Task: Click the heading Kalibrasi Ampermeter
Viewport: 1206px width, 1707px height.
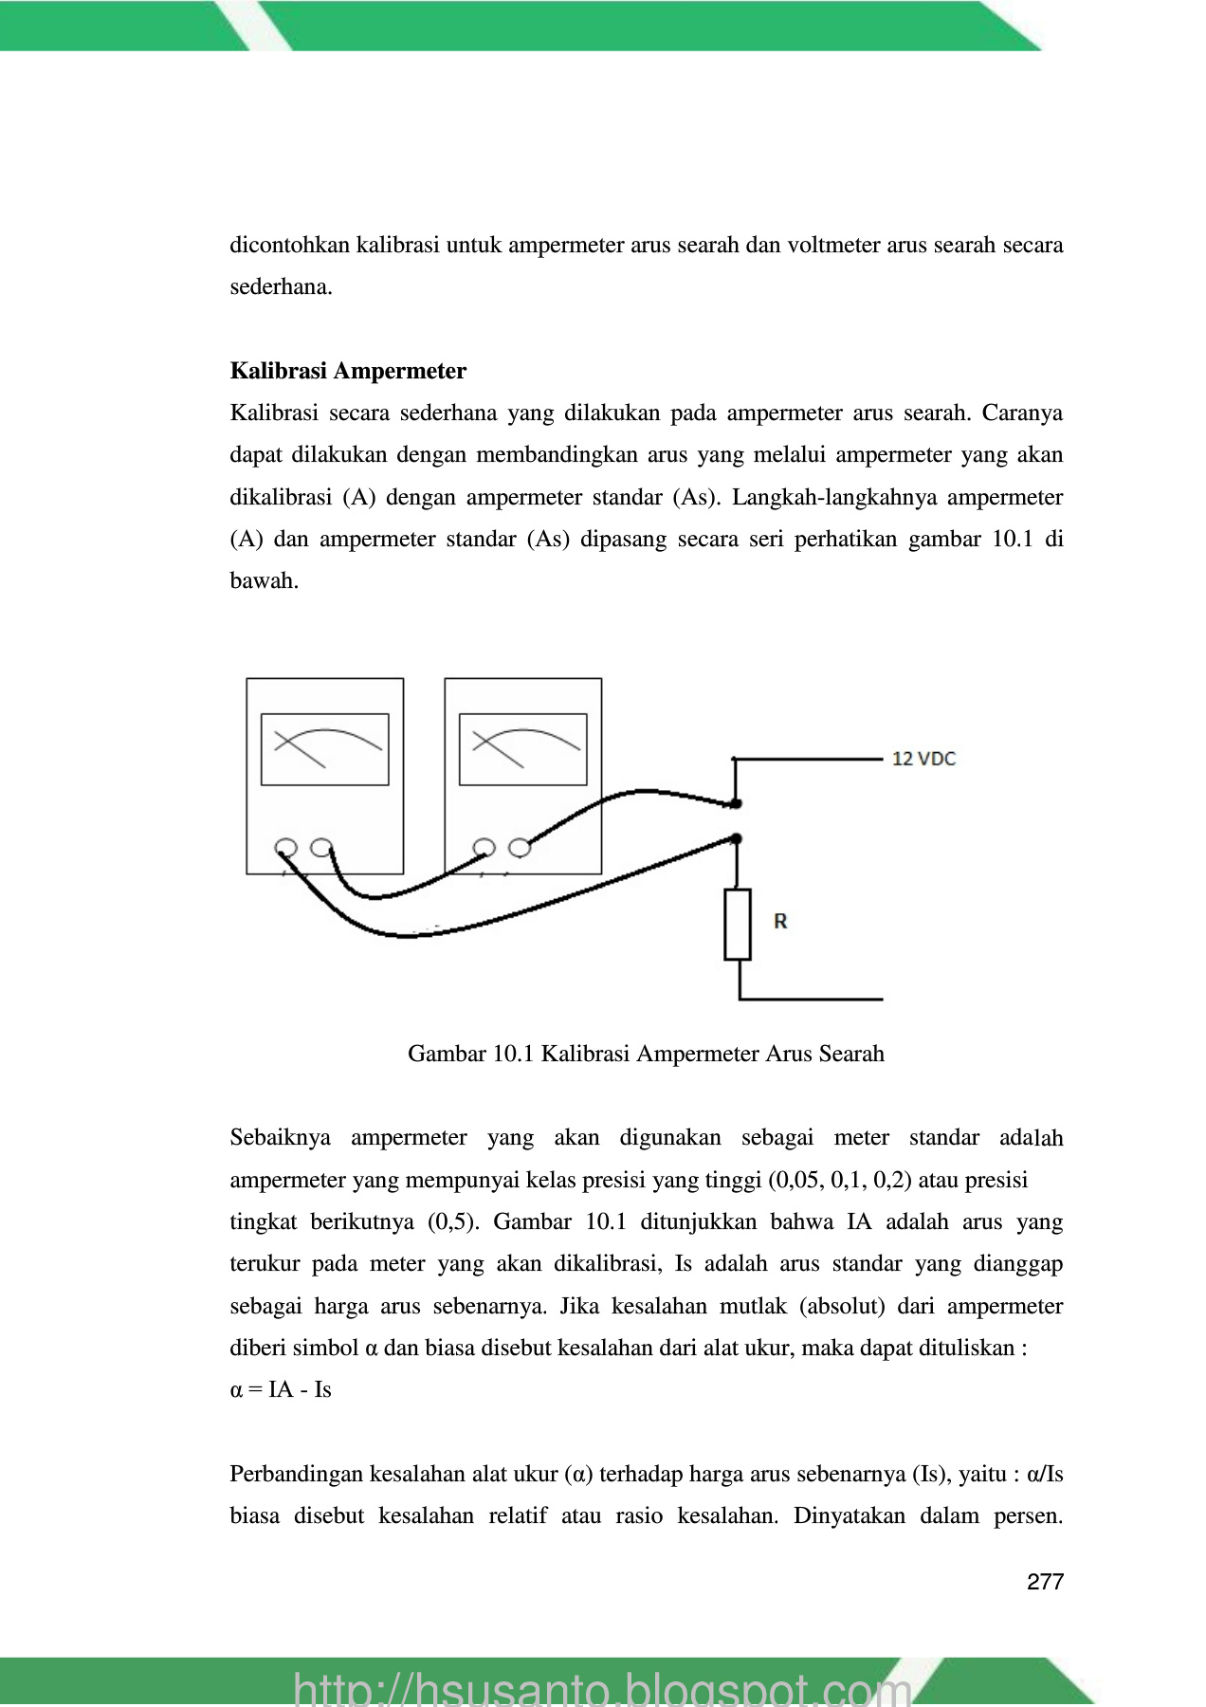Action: (x=348, y=371)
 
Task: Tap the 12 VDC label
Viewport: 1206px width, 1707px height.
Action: (x=923, y=759)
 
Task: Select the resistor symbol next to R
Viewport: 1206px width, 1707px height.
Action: (x=738, y=925)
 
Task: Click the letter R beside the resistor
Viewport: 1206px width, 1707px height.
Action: (x=780, y=921)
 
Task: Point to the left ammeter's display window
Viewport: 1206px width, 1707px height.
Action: (x=325, y=749)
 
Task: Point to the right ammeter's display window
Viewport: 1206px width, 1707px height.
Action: (x=523, y=749)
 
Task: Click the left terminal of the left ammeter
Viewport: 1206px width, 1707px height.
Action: (x=285, y=847)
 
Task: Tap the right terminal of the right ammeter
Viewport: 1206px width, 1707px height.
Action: (x=520, y=847)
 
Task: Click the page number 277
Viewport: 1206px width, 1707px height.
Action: (x=1045, y=1582)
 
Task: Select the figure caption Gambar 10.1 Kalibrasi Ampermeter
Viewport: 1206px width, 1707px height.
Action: (x=646, y=1054)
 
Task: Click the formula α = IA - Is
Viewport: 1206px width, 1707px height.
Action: (x=281, y=1390)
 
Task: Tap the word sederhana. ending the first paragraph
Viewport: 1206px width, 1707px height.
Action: (x=281, y=287)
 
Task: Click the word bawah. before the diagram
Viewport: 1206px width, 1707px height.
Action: (x=264, y=581)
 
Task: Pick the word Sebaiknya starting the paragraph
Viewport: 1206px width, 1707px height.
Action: (x=280, y=1138)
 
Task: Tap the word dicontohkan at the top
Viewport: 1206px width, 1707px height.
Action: (x=288, y=246)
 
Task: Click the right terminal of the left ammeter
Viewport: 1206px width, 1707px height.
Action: (x=321, y=847)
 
